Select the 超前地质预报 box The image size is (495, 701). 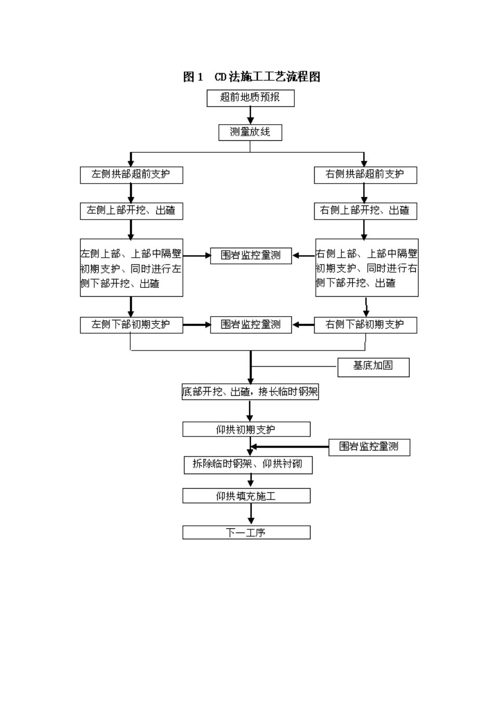coord(250,98)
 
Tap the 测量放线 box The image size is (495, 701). coord(250,132)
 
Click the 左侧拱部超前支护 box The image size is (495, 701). coord(131,175)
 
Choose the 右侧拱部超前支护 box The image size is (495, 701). coord(365,175)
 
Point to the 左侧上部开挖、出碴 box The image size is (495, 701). coord(131,211)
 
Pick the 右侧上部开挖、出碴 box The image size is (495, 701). coord(365,211)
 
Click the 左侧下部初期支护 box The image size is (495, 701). coord(131,325)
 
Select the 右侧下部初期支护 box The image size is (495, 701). coord(365,325)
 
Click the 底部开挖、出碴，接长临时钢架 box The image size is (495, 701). coord(250,392)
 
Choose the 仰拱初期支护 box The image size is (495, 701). coord(246,429)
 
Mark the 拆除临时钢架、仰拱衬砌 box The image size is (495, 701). coord(248,465)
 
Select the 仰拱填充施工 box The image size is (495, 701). coord(246,495)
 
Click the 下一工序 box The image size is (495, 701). coord(246,533)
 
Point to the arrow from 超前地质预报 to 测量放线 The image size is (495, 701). coord(250,115)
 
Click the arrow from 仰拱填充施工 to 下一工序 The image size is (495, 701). coord(251,514)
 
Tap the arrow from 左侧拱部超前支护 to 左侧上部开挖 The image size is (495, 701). coord(131,193)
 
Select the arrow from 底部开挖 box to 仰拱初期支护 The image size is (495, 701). coord(250,411)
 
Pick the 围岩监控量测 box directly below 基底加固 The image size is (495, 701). coord(369,447)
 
